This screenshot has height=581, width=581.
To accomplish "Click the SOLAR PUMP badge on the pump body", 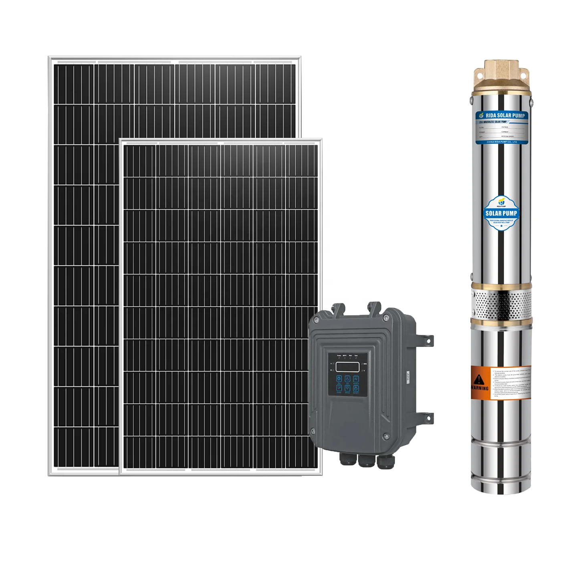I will pyautogui.click(x=501, y=213).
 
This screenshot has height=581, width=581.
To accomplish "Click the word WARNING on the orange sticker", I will pyautogui.click(x=480, y=388).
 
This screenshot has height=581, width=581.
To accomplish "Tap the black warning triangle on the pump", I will pyautogui.click(x=479, y=379).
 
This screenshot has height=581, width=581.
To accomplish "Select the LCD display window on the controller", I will pyautogui.click(x=347, y=366).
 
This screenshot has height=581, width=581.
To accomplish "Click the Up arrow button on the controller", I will pyautogui.click(x=347, y=379).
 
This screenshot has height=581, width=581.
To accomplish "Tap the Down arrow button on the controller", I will pyautogui.click(x=347, y=388).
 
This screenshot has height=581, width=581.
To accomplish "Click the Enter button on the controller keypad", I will pyautogui.click(x=339, y=388).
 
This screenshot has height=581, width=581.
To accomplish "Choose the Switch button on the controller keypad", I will pyautogui.click(x=356, y=379).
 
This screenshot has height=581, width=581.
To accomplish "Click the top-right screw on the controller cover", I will pyautogui.click(x=386, y=318).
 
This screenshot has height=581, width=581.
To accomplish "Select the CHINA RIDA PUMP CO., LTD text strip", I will pyautogui.click(x=502, y=142).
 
